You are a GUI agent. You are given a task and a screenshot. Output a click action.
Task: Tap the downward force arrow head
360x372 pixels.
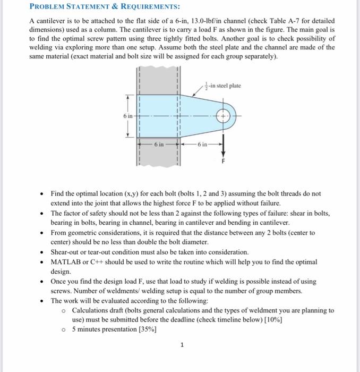pyautogui.click(x=223, y=149)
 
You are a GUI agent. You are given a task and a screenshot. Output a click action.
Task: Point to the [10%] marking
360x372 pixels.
pyautogui.click(x=272, y=319)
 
